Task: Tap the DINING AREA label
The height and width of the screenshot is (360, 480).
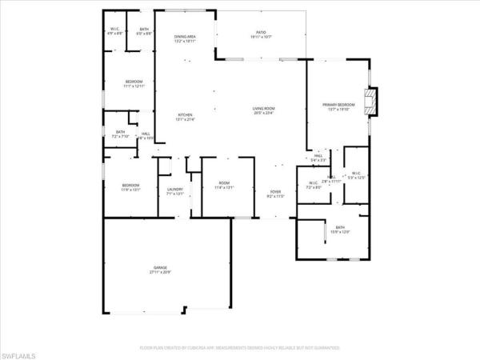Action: (186, 38)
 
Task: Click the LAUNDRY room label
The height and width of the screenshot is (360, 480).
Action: (174, 191)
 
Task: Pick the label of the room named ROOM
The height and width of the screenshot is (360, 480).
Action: (224, 186)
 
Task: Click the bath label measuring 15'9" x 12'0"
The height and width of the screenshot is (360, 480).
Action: (340, 230)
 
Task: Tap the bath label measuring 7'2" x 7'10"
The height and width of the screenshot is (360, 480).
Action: (120, 134)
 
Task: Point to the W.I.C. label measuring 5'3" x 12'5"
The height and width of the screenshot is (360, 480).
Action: (354, 175)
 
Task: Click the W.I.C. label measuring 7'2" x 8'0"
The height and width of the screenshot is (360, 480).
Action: (313, 186)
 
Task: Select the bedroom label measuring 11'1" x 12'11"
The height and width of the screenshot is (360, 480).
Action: (133, 84)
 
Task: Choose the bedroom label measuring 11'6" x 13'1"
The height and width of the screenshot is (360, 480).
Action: (130, 188)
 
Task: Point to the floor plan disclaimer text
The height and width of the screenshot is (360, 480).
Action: (239, 348)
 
